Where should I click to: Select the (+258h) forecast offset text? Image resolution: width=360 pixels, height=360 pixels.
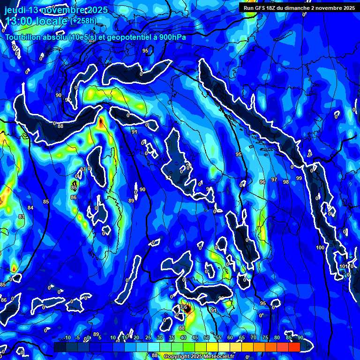point(84,21)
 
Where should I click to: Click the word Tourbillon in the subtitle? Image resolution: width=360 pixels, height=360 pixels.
point(23,38)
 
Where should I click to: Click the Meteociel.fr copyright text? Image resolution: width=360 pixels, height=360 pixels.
point(216,356)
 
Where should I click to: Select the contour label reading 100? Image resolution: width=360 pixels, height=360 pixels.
point(320,247)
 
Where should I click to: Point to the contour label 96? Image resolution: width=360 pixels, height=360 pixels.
point(262,182)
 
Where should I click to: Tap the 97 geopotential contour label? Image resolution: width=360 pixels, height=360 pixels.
point(274,180)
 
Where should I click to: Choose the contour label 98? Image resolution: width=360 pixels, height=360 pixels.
point(286,182)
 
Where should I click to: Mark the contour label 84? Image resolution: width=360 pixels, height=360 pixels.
point(30,208)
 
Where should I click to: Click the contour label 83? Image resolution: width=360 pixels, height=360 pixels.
point(21,217)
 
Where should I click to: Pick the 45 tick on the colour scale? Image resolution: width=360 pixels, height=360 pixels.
point(195,338)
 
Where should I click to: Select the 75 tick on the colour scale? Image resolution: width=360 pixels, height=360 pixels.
point(265,338)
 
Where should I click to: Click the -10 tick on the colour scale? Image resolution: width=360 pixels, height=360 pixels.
point(67,338)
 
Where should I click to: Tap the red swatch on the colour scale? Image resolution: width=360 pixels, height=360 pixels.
point(294,347)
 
